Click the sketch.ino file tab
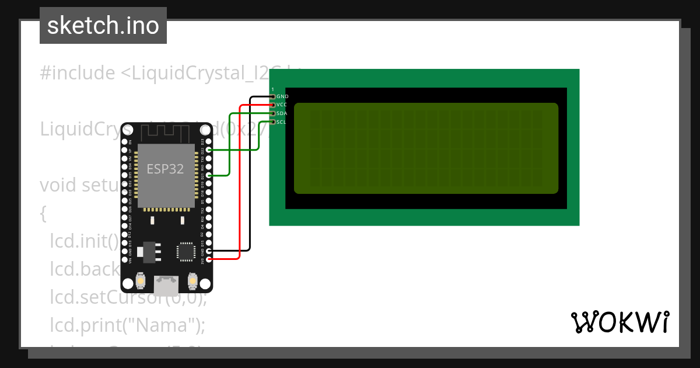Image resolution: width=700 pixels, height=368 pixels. point(103,26)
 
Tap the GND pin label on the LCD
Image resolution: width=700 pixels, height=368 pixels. point(282,96)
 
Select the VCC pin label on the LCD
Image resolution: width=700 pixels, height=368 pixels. point(282,105)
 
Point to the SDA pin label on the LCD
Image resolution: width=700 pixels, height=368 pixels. point(282,113)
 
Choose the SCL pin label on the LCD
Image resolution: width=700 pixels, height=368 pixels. point(282,122)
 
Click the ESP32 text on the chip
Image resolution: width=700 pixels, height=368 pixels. point(165,169)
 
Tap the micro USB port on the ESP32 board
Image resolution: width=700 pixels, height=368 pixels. point(166,284)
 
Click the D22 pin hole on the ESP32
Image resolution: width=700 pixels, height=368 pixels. point(209,150)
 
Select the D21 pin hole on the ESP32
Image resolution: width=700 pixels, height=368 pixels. point(209,175)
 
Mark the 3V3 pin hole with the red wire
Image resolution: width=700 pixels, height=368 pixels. point(209,258)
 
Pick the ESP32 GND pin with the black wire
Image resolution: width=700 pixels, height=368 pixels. point(209,250)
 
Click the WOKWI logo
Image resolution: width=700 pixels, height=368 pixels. point(619,322)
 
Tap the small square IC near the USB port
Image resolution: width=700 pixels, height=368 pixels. point(185,251)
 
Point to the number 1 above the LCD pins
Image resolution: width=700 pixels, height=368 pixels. point(272,89)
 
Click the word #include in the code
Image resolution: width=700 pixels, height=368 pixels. point(78,73)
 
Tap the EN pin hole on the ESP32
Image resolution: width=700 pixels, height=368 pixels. point(124,142)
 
